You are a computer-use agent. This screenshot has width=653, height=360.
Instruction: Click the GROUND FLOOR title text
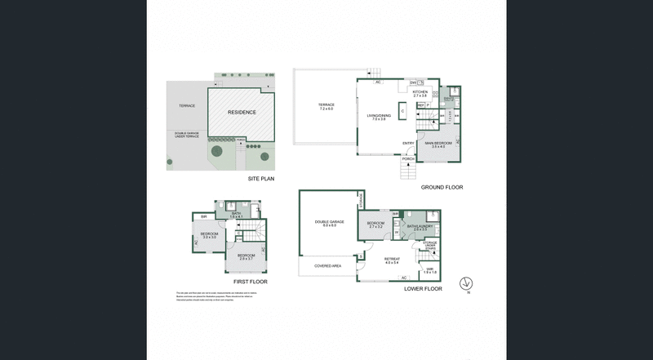[x=442, y=187]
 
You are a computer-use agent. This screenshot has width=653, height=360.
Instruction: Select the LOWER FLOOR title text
[x=423, y=288]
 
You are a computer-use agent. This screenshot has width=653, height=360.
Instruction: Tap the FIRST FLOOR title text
[x=244, y=282]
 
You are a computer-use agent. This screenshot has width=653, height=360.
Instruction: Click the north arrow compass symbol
[x=467, y=284]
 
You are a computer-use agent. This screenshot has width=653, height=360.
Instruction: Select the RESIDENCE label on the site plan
[x=242, y=113]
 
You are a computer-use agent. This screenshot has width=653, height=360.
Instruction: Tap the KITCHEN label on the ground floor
[x=420, y=94]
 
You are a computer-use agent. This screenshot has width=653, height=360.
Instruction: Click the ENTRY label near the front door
[x=408, y=144]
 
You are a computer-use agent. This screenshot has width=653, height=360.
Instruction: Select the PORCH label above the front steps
[x=420, y=158]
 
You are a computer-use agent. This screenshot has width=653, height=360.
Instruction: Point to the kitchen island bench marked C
[x=402, y=110]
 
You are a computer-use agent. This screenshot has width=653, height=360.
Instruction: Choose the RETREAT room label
[x=391, y=260]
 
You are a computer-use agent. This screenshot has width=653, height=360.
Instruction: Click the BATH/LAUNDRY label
[x=421, y=228]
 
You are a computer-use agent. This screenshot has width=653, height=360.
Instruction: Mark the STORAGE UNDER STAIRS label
[x=429, y=245]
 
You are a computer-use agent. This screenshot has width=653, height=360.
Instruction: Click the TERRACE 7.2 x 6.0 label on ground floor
[x=326, y=107]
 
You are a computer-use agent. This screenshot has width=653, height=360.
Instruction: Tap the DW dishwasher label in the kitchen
[x=414, y=82]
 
